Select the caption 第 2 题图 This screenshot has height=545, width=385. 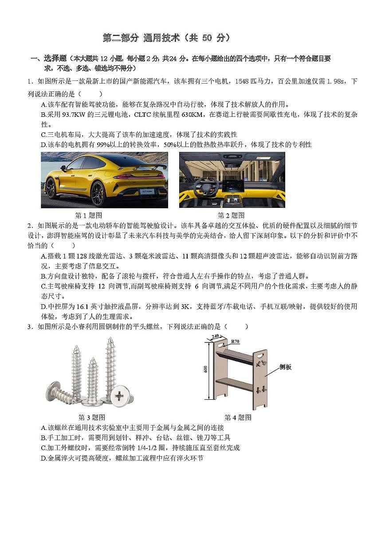click(231, 215)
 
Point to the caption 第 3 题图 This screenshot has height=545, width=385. click(91, 418)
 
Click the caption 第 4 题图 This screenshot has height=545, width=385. click(238, 418)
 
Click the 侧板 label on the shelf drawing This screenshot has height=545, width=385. click(286, 367)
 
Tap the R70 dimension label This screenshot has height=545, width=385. click(235, 342)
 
